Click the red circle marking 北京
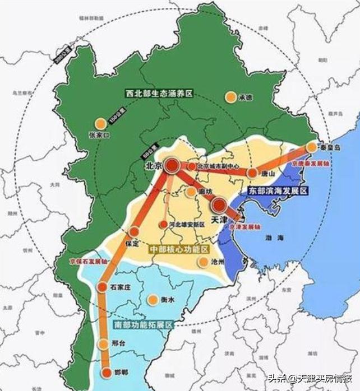(x=172, y=165)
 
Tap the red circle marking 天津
(x=219, y=205)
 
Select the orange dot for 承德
(x=230, y=97)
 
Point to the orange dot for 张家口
(x=100, y=124)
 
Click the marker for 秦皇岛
(x=312, y=147)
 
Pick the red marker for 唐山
(x=253, y=173)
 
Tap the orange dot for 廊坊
(x=192, y=192)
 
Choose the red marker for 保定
(x=134, y=231)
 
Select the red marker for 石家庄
(x=102, y=287)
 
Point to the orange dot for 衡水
(x=153, y=300)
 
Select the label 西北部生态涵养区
(x=159, y=94)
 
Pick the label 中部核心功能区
(x=178, y=248)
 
